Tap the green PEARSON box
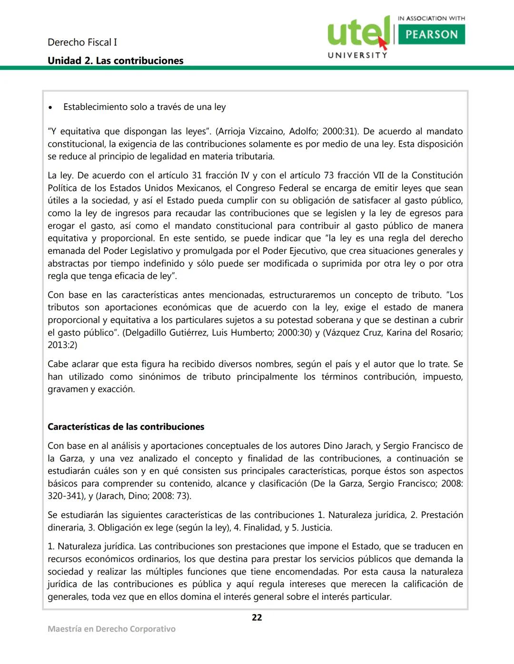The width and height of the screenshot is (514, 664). pyautogui.click(x=431, y=34)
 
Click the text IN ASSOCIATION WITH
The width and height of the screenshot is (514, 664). pyautogui.click(x=431, y=18)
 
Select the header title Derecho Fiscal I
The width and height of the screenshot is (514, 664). pyautogui.click(x=82, y=42)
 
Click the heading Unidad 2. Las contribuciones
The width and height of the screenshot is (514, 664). pyautogui.click(x=115, y=61)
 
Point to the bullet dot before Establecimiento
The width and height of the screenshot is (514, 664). pyautogui.click(x=50, y=107)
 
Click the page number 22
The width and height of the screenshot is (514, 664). pyautogui.click(x=257, y=617)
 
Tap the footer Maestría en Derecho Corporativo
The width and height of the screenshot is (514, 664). pyautogui.click(x=111, y=629)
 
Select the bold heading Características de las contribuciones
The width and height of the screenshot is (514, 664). pyautogui.click(x=126, y=427)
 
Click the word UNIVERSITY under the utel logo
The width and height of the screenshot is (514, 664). pyautogui.click(x=357, y=55)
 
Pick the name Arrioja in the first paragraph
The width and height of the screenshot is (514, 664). pyautogui.click(x=234, y=131)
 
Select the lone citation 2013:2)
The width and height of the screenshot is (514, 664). pyautogui.click(x=62, y=345)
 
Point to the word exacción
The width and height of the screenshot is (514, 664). pyautogui.click(x=116, y=389)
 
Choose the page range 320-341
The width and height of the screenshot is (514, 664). pyautogui.click(x=65, y=496)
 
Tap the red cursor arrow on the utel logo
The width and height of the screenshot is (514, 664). pyautogui.click(x=383, y=43)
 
